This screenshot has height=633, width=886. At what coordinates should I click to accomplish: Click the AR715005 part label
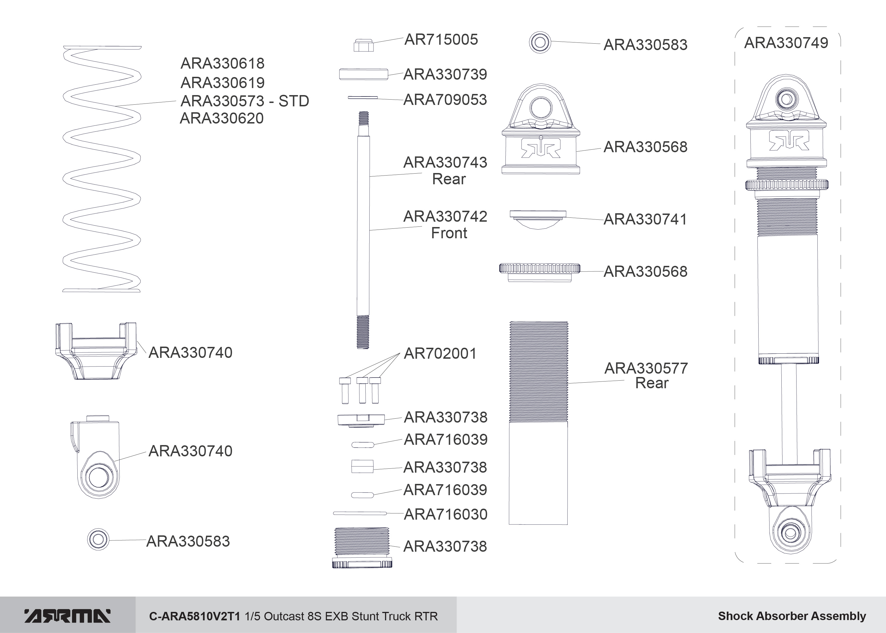(x=441, y=39)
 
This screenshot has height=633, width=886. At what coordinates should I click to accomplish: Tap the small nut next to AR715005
(x=363, y=45)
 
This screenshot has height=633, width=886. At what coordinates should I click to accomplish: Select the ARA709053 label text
(x=445, y=100)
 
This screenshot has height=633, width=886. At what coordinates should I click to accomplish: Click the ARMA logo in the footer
(x=68, y=616)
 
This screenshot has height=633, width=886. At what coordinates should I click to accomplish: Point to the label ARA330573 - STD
(x=245, y=101)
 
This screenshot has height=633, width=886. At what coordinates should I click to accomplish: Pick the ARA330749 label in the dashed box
(x=786, y=43)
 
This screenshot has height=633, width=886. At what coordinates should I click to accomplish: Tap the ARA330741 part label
(x=645, y=219)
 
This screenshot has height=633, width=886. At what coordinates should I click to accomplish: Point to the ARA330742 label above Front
(x=445, y=216)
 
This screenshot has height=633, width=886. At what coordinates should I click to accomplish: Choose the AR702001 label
(x=440, y=354)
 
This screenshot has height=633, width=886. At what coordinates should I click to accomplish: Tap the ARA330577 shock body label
(x=646, y=368)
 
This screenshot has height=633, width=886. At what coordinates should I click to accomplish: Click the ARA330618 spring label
(x=222, y=63)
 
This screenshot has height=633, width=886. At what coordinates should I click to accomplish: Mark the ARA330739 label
(x=445, y=74)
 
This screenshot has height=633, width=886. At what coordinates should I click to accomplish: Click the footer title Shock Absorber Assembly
(x=792, y=616)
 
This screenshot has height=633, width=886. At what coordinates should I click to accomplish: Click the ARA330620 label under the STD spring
(x=222, y=118)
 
